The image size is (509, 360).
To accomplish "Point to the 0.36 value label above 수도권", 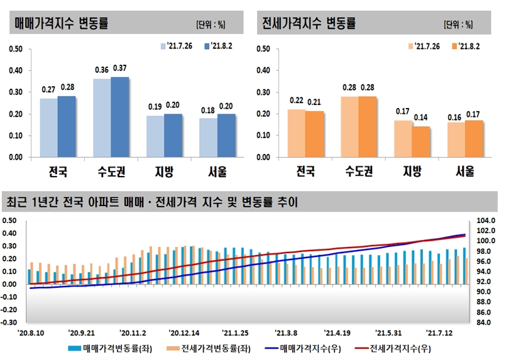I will pyautogui.click(x=102, y=70).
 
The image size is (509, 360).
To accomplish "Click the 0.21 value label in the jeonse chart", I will pyautogui.click(x=315, y=102).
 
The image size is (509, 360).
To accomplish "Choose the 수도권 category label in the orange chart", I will pyautogui.click(x=359, y=171).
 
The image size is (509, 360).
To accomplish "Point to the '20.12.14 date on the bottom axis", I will pyautogui.click(x=184, y=333).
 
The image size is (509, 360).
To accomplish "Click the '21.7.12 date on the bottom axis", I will pyautogui.click(x=440, y=333).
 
